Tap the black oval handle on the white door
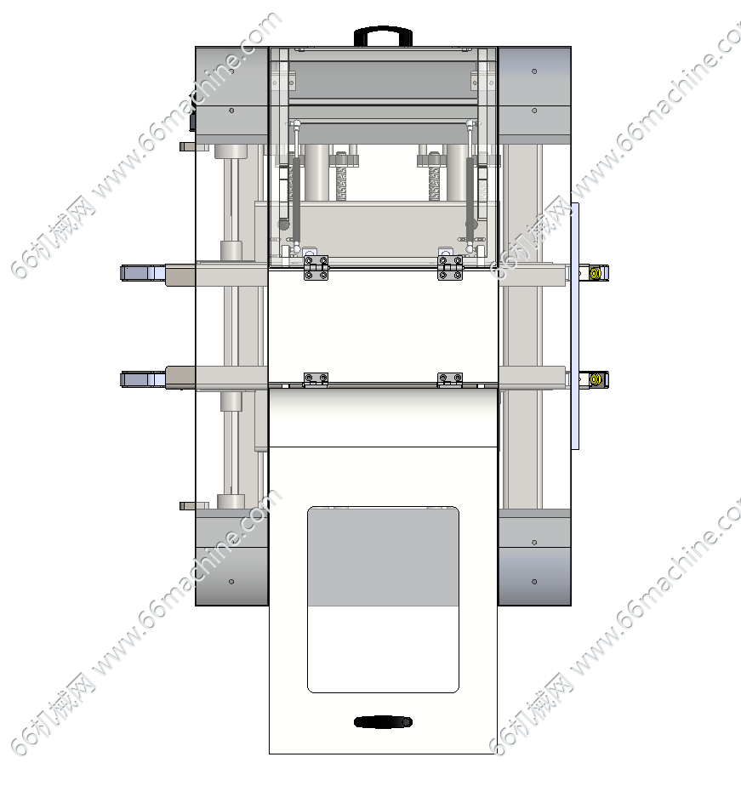pyautogui.click(x=383, y=722)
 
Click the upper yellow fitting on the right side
pyautogui.click(x=596, y=273)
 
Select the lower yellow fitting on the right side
pyautogui.click(x=596, y=379)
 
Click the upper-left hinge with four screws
pyautogui.click(x=316, y=268)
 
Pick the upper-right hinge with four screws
pyautogui.click(x=450, y=268)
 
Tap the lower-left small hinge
pyautogui.click(x=316, y=379)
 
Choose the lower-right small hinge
pyautogui.click(x=450, y=379)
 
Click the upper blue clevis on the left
pyautogui.click(x=143, y=273)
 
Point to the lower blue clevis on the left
pyautogui.click(x=143, y=379)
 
